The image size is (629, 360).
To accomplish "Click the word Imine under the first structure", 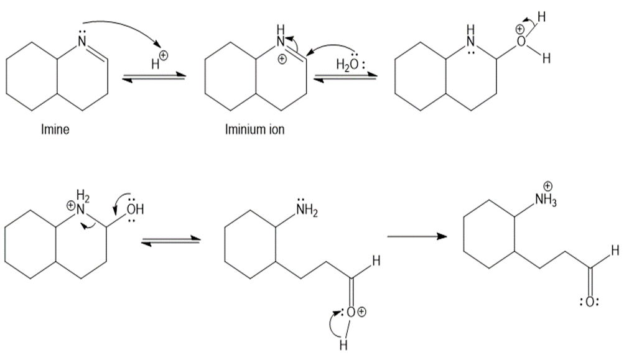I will pos(55,130).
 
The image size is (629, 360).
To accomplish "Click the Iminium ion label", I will pos(254,131).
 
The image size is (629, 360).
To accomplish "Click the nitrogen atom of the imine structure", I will pos(81,43).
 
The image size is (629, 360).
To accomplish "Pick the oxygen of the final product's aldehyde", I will pos(590,302).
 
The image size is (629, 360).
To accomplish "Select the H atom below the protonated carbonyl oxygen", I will pos(342,346).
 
